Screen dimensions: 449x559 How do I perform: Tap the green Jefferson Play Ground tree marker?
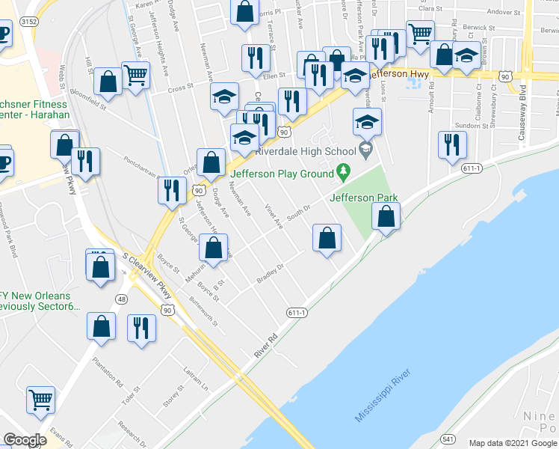point(344,172)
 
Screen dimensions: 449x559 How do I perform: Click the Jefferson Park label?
point(363,198)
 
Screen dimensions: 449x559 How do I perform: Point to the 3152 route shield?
point(29,22)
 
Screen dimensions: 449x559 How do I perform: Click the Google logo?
point(25,439)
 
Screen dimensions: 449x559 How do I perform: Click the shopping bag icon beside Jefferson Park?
point(386,217)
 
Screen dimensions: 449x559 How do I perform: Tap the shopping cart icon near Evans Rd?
point(40,399)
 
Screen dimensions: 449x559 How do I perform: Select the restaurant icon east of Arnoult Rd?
point(451,144)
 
